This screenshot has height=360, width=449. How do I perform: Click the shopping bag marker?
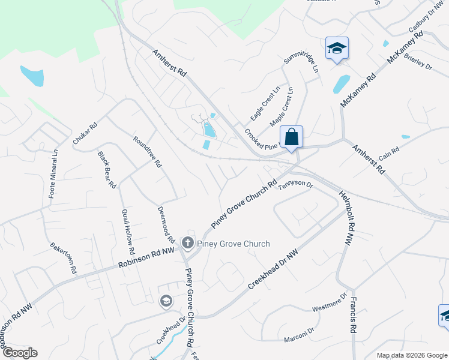pyautogui.click(x=291, y=137)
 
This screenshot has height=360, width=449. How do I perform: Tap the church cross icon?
pyautogui.click(x=187, y=243)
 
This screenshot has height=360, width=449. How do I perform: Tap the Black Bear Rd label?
pyautogui.click(x=107, y=170)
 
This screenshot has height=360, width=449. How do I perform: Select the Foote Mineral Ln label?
pyautogui.click(x=53, y=173)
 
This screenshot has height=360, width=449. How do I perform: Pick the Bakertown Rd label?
pyautogui.click(x=64, y=258)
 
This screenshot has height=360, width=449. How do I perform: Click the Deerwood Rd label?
pyautogui.click(x=166, y=225)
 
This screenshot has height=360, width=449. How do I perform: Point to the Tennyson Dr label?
pyautogui.click(x=295, y=186)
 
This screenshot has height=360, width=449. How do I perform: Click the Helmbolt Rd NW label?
pyautogui.click(x=347, y=218)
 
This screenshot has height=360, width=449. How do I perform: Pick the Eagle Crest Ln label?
pyautogui.click(x=265, y=103)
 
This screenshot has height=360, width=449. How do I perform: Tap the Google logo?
pyautogui.click(x=20, y=353)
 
